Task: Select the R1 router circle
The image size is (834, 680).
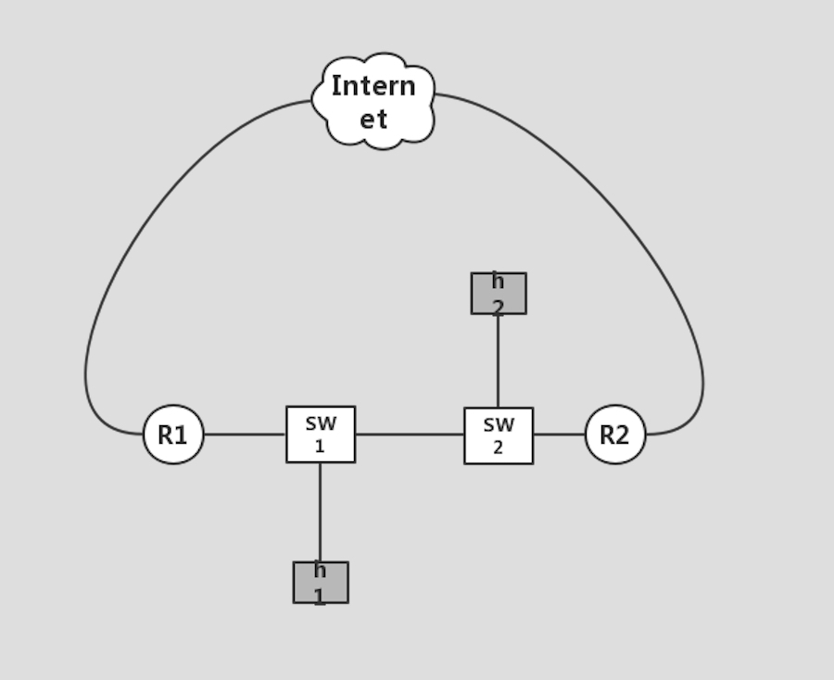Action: pyautogui.click(x=173, y=434)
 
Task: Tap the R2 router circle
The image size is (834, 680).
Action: pyautogui.click(x=615, y=434)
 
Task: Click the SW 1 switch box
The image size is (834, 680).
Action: pyautogui.click(x=321, y=434)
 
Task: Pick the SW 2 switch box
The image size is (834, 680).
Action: pyautogui.click(x=499, y=435)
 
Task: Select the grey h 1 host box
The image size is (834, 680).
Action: pyautogui.click(x=321, y=583)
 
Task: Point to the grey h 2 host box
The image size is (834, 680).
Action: pyautogui.click(x=499, y=294)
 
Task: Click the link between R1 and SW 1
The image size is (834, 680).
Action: pyautogui.click(x=245, y=434)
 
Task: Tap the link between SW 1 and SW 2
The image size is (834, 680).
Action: pyautogui.click(x=410, y=434)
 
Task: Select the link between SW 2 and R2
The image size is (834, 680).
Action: pyautogui.click(x=559, y=434)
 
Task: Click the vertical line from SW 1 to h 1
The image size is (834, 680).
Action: pyautogui.click(x=321, y=511)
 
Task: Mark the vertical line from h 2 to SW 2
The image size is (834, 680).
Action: pyautogui.click(x=499, y=360)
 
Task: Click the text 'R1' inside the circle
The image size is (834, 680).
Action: pyautogui.click(x=172, y=435)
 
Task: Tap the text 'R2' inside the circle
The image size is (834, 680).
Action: pyautogui.click(x=614, y=435)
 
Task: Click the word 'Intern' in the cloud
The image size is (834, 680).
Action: pyautogui.click(x=373, y=86)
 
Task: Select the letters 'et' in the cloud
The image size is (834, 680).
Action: pyautogui.click(x=373, y=120)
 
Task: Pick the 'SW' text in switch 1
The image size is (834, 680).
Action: pyautogui.click(x=321, y=423)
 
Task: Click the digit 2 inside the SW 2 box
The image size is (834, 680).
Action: pyautogui.click(x=499, y=447)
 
